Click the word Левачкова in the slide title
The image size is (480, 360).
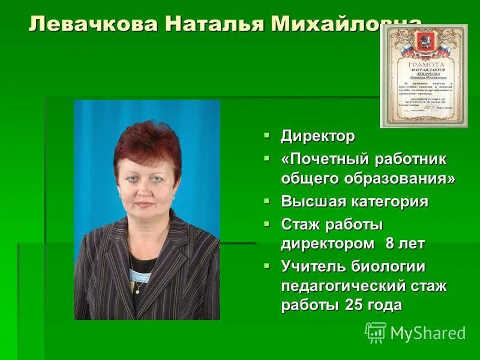coord(93,24)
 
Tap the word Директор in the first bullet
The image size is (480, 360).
coord(318,137)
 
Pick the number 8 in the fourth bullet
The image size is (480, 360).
coord(389,243)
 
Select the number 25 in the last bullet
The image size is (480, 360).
coord(353,305)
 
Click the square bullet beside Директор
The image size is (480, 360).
coord(267,136)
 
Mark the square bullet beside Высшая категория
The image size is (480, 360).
coord(267,200)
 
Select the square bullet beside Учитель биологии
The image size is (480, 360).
coord(267,265)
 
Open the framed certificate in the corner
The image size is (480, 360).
coord(424,76)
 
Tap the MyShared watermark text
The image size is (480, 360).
coord(428,333)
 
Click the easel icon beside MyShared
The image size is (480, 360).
coord(376,332)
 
